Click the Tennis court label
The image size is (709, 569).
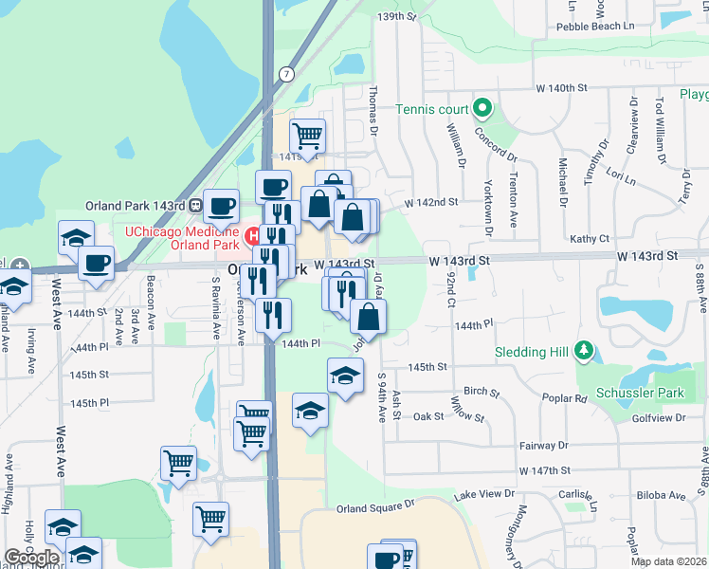[x=433, y=108]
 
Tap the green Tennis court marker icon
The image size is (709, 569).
[x=482, y=107]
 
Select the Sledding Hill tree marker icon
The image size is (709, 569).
[x=585, y=352]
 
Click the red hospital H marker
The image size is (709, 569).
[x=253, y=233]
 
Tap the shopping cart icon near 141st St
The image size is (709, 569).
[x=307, y=137]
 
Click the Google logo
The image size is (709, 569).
[x=32, y=558]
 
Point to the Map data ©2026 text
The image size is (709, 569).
[x=668, y=561]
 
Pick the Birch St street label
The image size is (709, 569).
[x=482, y=391]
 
